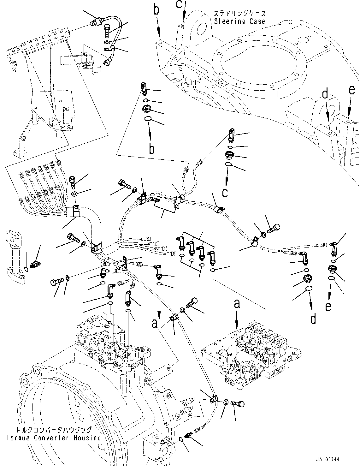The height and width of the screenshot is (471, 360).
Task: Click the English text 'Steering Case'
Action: click(x=240, y=21)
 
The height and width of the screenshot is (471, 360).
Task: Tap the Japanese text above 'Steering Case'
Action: click(x=240, y=14)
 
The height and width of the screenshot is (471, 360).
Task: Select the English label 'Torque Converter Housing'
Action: click(x=54, y=438)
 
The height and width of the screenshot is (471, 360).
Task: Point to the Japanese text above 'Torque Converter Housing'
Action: click(x=54, y=430)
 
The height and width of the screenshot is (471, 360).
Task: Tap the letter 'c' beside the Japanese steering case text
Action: click(x=179, y=4)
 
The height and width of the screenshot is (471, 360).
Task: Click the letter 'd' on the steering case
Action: click(x=325, y=94)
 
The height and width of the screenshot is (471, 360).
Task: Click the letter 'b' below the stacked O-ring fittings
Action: click(x=152, y=148)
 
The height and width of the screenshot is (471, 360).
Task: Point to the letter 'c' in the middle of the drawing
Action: click(x=225, y=192)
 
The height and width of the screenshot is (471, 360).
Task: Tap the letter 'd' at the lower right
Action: click(x=313, y=319)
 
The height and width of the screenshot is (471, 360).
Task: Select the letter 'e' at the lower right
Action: click(x=328, y=307)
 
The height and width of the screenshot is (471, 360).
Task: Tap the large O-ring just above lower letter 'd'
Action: click(x=309, y=289)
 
